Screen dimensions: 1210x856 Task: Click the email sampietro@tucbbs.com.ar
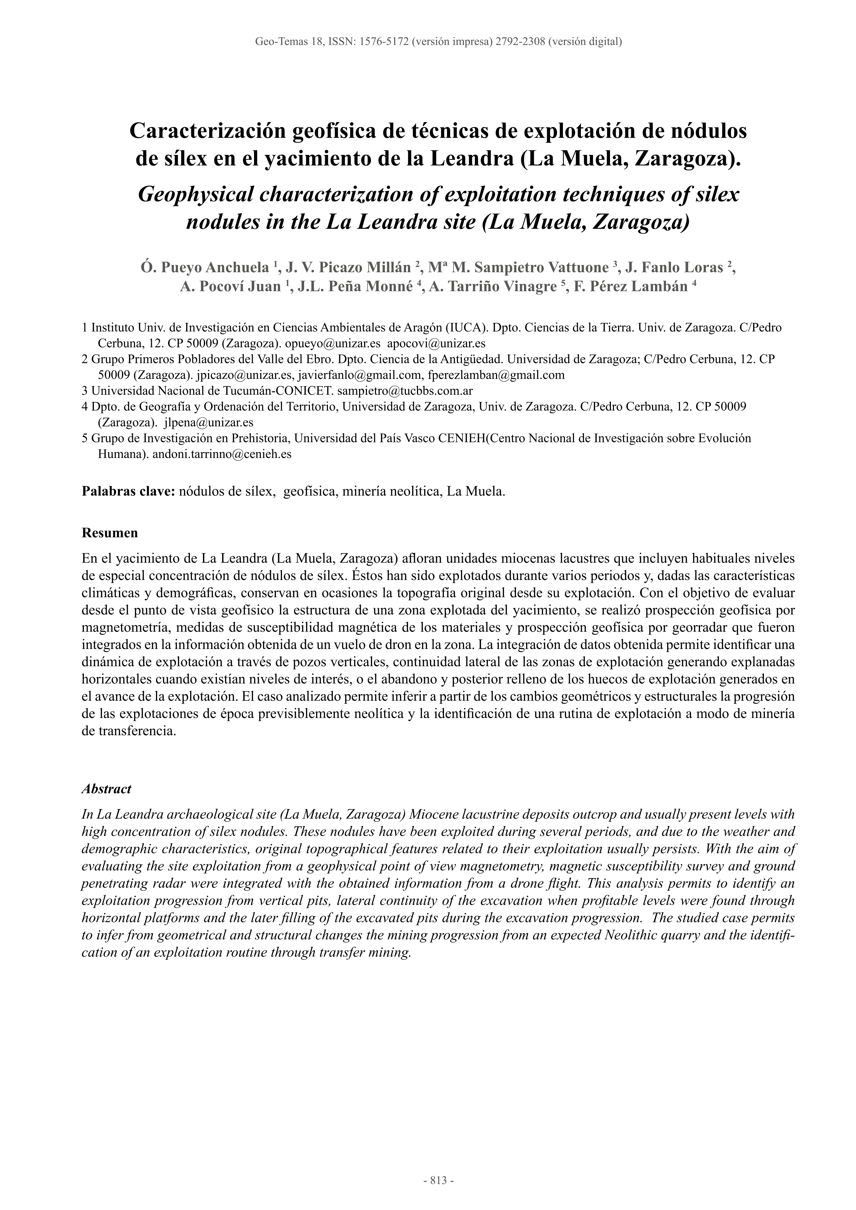[405, 391]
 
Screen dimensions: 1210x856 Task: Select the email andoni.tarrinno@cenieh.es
[222, 454]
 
